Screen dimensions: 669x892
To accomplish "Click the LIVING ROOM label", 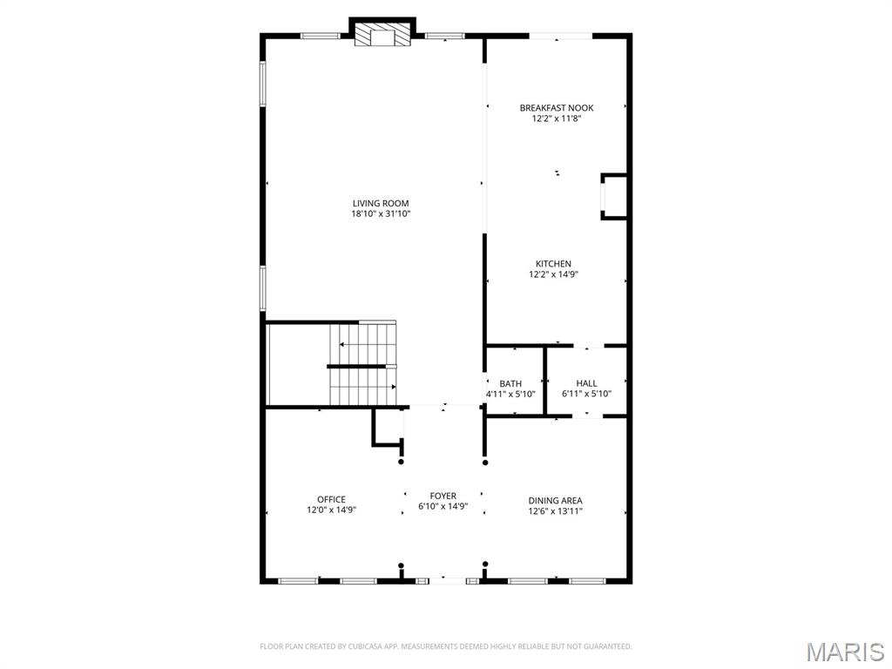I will pos(381,203).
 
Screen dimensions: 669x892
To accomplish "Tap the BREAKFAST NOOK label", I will pos(557,108).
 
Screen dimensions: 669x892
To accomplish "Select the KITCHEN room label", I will pos(553,264).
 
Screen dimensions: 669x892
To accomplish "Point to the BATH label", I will pos(510,383).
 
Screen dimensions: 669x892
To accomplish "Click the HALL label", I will pos(586,383).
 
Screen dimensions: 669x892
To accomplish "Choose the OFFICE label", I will pos(331,500).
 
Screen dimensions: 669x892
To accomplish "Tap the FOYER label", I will pos(443,496).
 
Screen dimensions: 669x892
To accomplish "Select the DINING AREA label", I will pos(555,501).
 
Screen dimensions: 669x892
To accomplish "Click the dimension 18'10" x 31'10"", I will pos(381,213).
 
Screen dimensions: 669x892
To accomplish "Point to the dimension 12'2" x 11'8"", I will pos(557,118).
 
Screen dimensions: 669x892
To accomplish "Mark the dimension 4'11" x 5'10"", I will pos(510,394).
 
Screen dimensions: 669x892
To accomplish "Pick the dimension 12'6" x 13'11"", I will pos(555,511).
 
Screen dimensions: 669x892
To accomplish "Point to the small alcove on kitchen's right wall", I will pos(614,196).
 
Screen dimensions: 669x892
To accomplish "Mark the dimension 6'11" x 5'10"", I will pos(586,394).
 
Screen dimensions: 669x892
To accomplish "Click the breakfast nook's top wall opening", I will pos(561,36).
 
